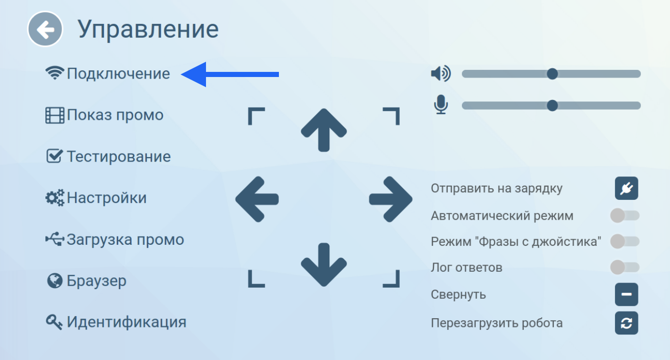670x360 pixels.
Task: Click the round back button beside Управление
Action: pyautogui.click(x=45, y=29)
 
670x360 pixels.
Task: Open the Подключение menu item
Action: pyautogui.click(x=108, y=73)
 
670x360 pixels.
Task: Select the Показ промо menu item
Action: pyautogui.click(x=105, y=115)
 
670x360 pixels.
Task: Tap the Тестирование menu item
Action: pyautogui.click(x=108, y=157)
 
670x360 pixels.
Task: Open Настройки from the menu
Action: pyautogui.click(x=96, y=198)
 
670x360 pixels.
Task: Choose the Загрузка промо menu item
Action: pyautogui.click(x=115, y=240)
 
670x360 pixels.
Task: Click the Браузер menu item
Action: pyautogui.click(x=87, y=281)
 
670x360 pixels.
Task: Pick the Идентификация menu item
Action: pyautogui.click(x=116, y=322)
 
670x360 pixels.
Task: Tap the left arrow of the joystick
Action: pyautogui.click(x=257, y=199)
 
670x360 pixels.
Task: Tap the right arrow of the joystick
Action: pyautogui.click(x=391, y=199)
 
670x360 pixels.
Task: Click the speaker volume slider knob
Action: pyautogui.click(x=552, y=74)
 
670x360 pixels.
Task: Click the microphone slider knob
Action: pyautogui.click(x=552, y=106)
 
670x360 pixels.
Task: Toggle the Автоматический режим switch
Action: pyautogui.click(x=625, y=216)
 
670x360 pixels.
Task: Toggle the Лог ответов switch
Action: pyautogui.click(x=625, y=267)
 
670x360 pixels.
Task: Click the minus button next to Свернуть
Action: pyautogui.click(x=627, y=295)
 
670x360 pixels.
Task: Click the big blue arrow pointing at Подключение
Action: pyautogui.click(x=230, y=74)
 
